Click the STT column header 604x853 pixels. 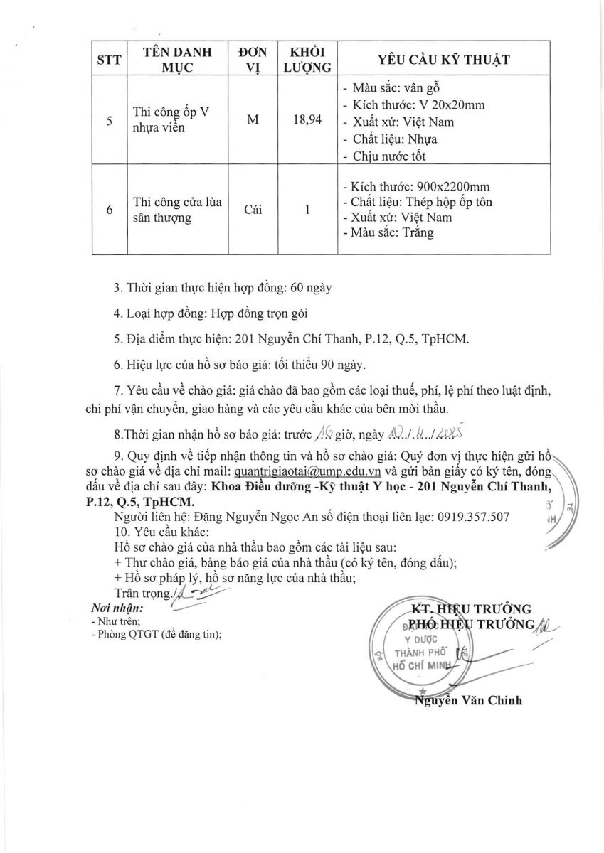pyautogui.click(x=109, y=60)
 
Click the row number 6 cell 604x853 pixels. pyautogui.click(x=109, y=210)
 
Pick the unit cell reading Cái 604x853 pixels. pyautogui.click(x=253, y=210)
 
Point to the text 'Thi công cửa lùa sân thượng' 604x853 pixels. pyautogui.click(x=178, y=210)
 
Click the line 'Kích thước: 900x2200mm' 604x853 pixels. pyautogui.click(x=416, y=186)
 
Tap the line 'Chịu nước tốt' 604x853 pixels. pyautogui.click(x=389, y=156)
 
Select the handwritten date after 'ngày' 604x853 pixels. pyautogui.click(x=428, y=433)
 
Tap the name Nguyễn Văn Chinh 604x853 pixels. pyautogui.click(x=468, y=700)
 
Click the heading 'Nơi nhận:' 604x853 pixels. pyautogui.click(x=117, y=608)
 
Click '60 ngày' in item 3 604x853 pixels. pyautogui.click(x=311, y=289)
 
